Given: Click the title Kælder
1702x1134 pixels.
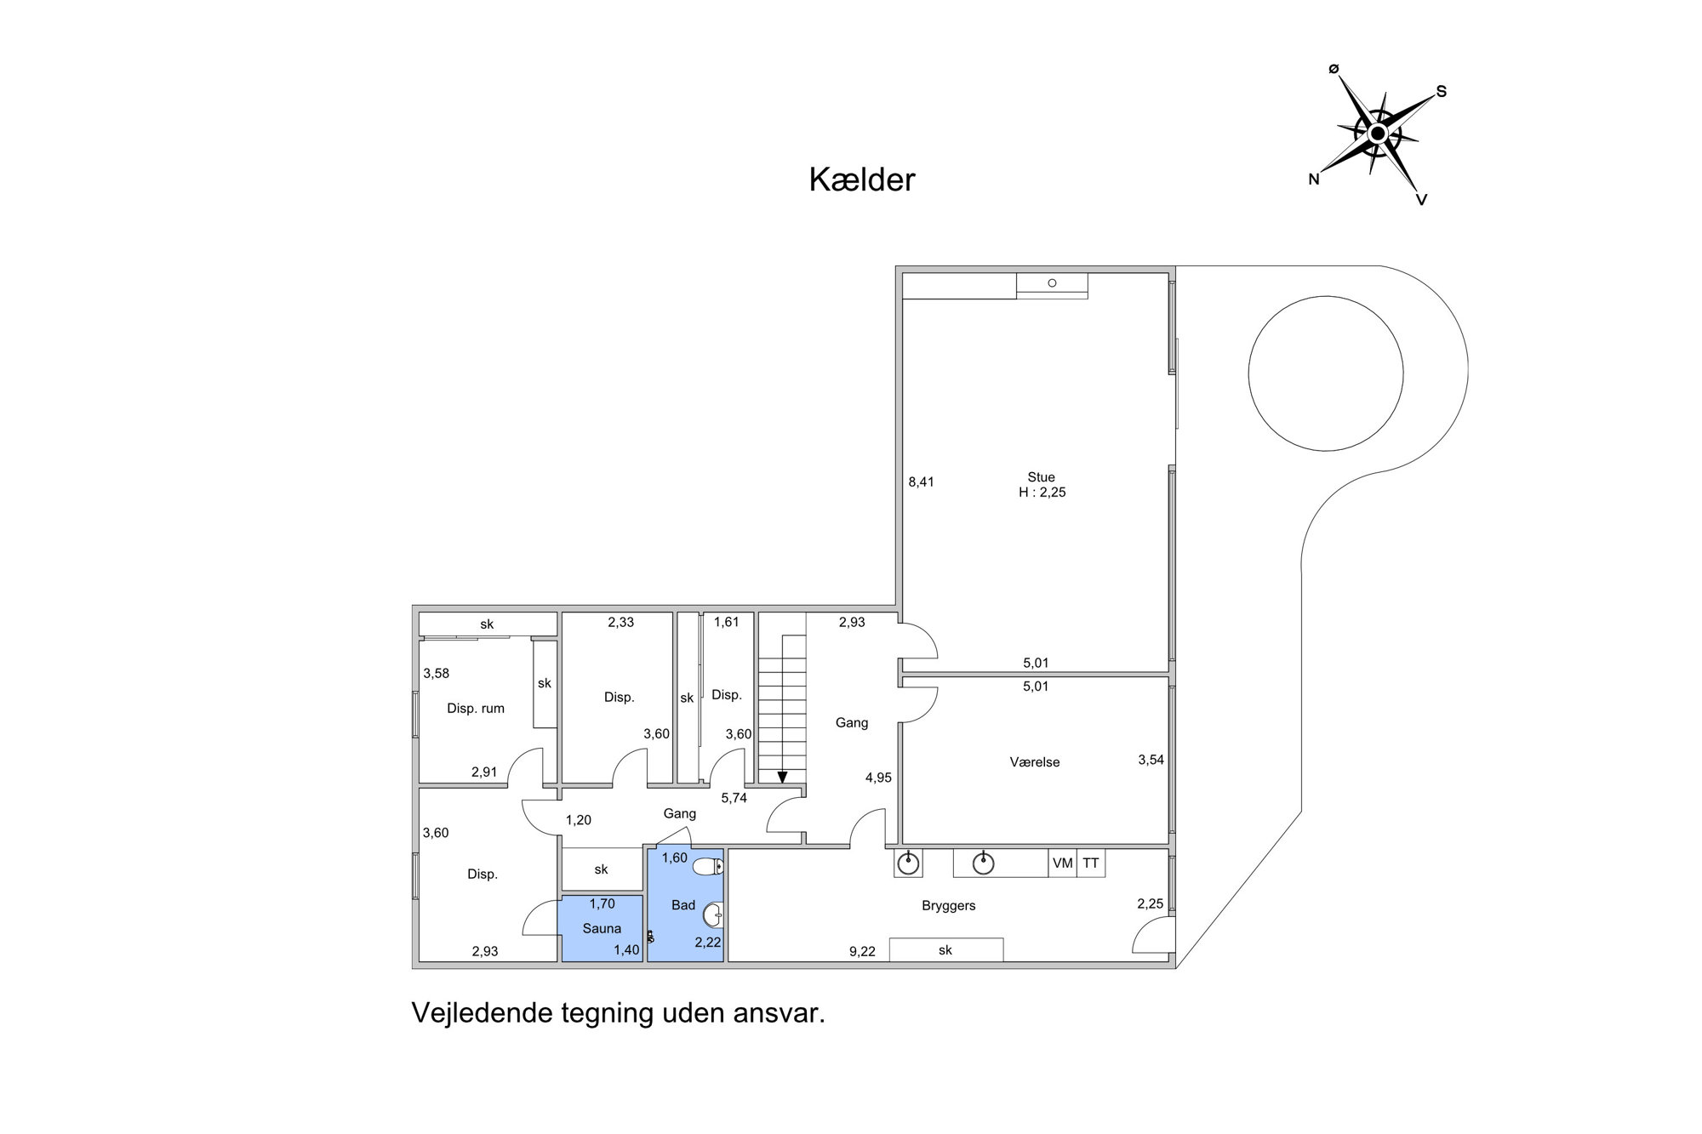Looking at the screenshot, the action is [861, 180].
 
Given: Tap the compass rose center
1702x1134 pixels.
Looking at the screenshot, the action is [1377, 134].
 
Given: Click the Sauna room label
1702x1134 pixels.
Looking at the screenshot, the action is [602, 929].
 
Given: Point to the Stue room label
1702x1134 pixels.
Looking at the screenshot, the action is [1041, 477].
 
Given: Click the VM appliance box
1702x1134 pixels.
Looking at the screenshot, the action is [1063, 863].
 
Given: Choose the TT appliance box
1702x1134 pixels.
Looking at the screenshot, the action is [1091, 863].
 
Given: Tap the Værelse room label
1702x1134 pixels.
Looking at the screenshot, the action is [1035, 762].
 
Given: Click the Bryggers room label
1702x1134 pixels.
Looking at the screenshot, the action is [948, 906].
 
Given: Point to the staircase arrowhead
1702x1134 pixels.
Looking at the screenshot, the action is [782, 777].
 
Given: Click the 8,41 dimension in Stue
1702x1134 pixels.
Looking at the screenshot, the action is [921, 482].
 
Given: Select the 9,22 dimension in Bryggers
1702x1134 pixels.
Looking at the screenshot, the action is [862, 952].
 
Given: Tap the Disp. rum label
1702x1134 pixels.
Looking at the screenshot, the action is [476, 709].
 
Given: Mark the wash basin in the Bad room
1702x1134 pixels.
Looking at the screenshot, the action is [712, 915].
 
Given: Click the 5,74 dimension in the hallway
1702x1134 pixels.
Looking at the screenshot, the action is [734, 798].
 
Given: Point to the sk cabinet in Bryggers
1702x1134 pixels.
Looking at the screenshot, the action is [945, 949].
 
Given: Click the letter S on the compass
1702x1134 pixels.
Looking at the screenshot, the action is [1442, 91].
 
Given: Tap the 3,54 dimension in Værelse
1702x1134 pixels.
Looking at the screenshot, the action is [1151, 760].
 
